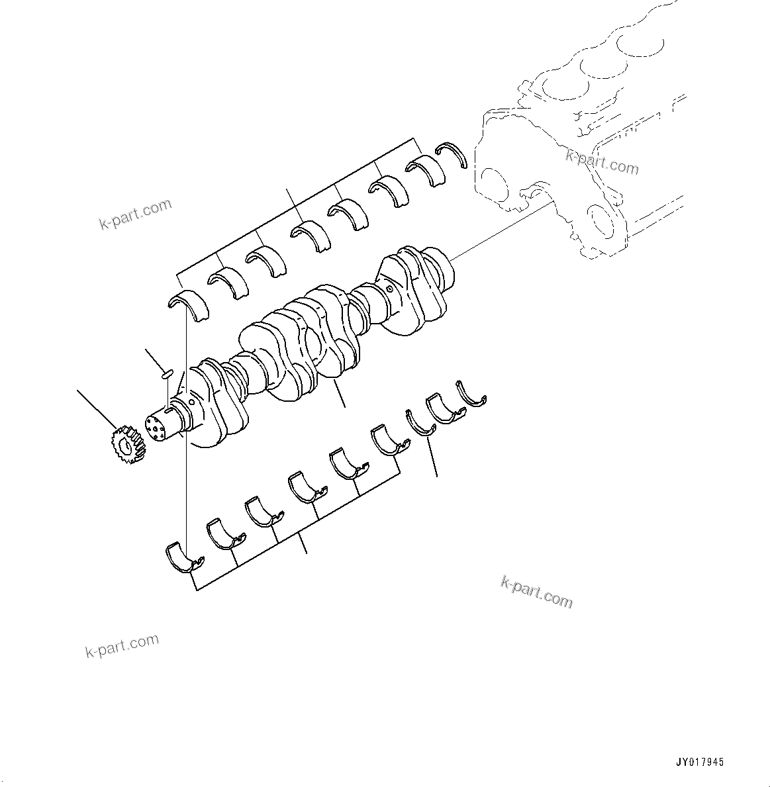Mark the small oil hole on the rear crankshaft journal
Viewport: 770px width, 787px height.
pyautogui.click(x=390, y=289)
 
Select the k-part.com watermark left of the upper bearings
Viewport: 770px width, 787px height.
pyautogui.click(x=136, y=214)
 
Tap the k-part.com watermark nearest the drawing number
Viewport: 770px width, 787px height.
pyautogui.click(x=536, y=591)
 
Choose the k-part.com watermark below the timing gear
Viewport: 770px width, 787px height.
pyautogui.click(x=122, y=645)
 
